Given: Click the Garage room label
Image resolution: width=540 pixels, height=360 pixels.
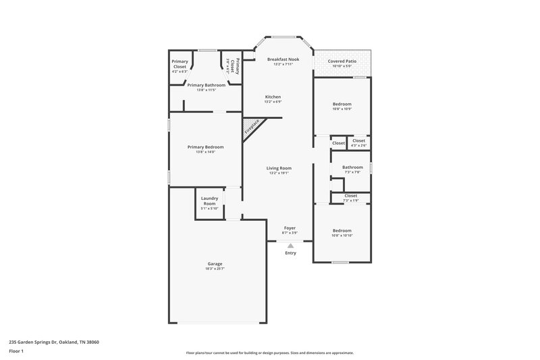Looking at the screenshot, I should point(215,263).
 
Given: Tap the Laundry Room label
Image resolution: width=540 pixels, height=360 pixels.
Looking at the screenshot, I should point(209,201).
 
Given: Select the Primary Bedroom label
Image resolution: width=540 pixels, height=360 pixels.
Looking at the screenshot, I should point(205,147).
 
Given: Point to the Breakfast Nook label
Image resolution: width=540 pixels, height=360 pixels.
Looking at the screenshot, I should point(283,59).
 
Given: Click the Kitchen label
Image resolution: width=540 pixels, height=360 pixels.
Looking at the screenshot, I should point(273,97).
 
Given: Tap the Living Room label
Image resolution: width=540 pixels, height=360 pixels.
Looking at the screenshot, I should point(279,168).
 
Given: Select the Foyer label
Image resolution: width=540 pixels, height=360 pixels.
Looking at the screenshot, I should point(290,228).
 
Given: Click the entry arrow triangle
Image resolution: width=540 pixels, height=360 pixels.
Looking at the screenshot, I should point(290,245).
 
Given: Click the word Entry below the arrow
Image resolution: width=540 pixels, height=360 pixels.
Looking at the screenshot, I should point(290,253).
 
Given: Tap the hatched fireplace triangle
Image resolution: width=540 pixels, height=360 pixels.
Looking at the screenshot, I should point(252,126).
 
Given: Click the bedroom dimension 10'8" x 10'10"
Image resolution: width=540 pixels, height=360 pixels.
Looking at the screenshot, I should point(342,235).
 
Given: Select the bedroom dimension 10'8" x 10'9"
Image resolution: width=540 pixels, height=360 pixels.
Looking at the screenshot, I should point(342,109).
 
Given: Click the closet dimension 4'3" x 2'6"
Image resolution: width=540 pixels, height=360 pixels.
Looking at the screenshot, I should point(359,145).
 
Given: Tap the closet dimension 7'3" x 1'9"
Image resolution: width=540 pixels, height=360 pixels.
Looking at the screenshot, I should point(350,200).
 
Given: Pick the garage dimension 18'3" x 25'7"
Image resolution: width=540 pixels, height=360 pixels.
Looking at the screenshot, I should point(215,269).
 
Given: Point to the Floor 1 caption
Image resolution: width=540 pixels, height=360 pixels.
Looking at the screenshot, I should point(16,351).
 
